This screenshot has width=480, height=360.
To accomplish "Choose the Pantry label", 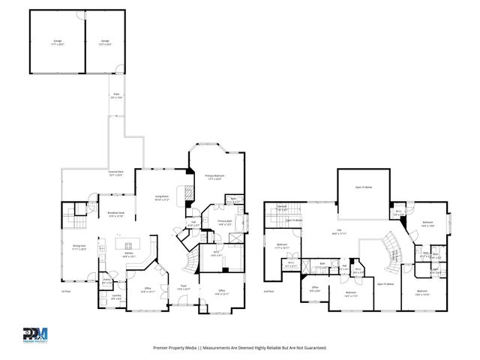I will (x=106, y=282).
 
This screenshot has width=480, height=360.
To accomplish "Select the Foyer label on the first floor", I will (x=183, y=288).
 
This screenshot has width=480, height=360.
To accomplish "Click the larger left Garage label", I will (x=57, y=42).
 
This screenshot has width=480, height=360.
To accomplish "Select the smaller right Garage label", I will (x=105, y=42).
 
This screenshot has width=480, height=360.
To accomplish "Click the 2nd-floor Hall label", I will (x=339, y=232).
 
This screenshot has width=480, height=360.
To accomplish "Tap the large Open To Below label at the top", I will (x=364, y=187).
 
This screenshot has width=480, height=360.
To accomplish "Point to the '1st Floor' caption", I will (x=67, y=291).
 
